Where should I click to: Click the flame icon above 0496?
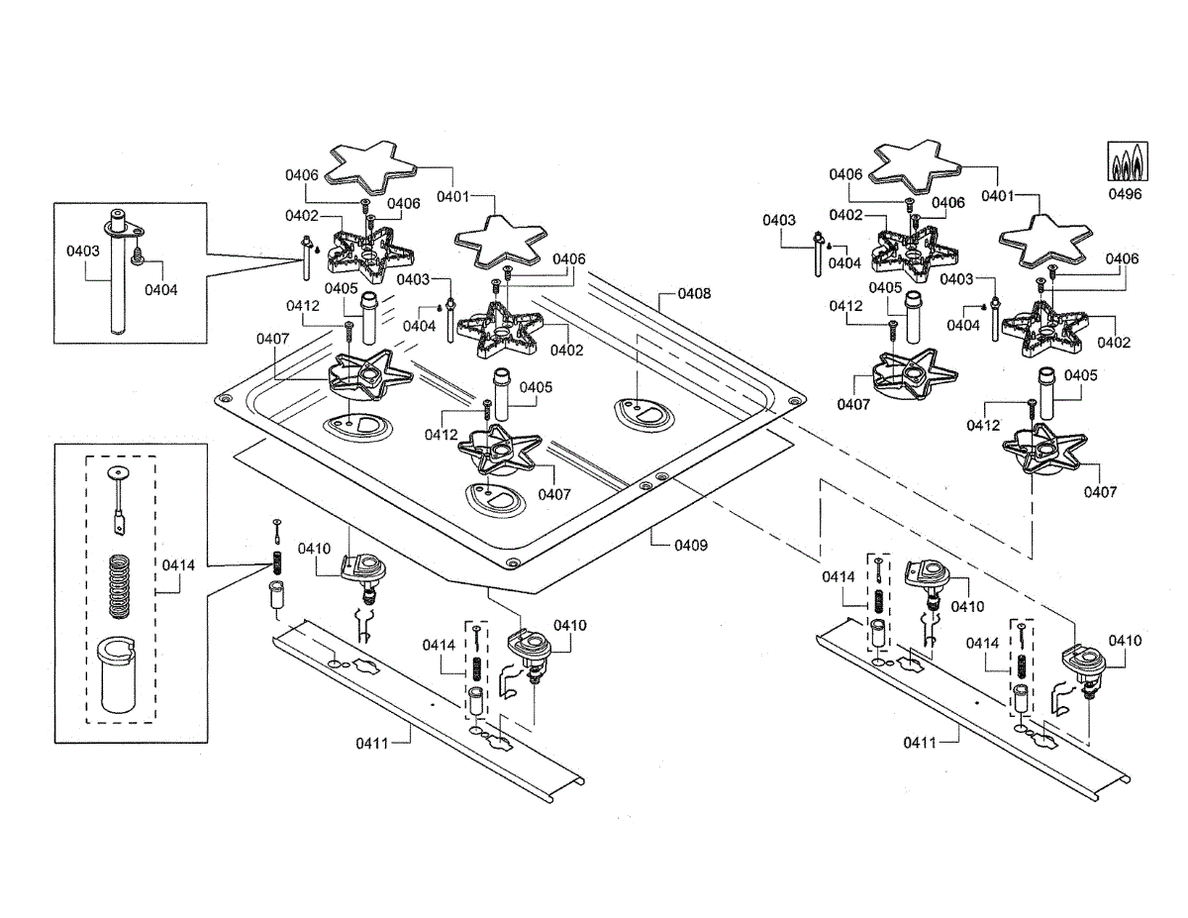click(1128, 161)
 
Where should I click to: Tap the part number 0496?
click(1125, 194)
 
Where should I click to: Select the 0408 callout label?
click(694, 293)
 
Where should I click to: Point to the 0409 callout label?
click(691, 545)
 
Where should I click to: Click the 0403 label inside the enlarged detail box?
click(83, 251)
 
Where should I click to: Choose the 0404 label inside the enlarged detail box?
click(161, 290)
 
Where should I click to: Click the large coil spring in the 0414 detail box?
click(120, 586)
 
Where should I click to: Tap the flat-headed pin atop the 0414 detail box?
click(119, 501)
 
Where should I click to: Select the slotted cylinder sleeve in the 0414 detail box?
click(116, 674)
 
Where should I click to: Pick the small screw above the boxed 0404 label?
click(139, 255)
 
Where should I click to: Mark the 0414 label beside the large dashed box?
click(179, 565)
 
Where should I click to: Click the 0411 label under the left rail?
click(372, 744)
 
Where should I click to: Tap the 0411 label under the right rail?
click(920, 743)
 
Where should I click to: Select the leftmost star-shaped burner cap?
click(370, 167)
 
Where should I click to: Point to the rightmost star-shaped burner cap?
click(1045, 242)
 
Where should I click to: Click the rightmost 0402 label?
click(1114, 343)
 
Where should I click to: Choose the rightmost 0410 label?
click(1125, 641)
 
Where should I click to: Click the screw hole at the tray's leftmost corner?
click(223, 399)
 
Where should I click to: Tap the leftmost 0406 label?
click(302, 175)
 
